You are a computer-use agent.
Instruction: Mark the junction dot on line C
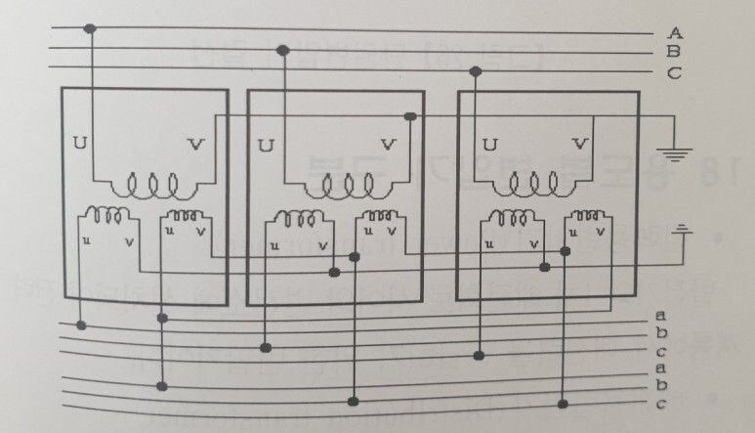tap(476, 70)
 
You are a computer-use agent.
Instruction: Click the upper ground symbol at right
tap(674, 152)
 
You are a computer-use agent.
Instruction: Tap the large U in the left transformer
tap(79, 144)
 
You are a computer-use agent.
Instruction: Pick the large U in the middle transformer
tap(265, 145)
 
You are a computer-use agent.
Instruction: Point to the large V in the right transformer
tap(580, 144)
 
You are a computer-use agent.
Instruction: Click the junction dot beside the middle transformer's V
tap(410, 117)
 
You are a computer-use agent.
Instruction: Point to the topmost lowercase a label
tap(661, 315)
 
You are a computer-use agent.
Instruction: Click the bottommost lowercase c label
tap(661, 405)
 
